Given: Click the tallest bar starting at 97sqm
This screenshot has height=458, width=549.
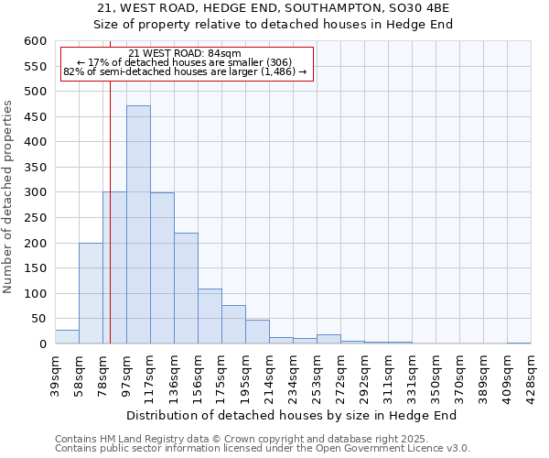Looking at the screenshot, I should (138, 224).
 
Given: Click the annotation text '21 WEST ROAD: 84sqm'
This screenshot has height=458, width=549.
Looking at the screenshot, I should (185, 53).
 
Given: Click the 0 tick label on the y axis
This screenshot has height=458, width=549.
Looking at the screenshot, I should (42, 344).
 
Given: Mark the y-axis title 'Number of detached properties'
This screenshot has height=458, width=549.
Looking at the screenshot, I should (9, 197).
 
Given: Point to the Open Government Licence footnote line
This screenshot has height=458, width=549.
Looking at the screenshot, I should (263, 449).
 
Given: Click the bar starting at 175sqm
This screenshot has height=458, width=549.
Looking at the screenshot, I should (233, 324).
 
